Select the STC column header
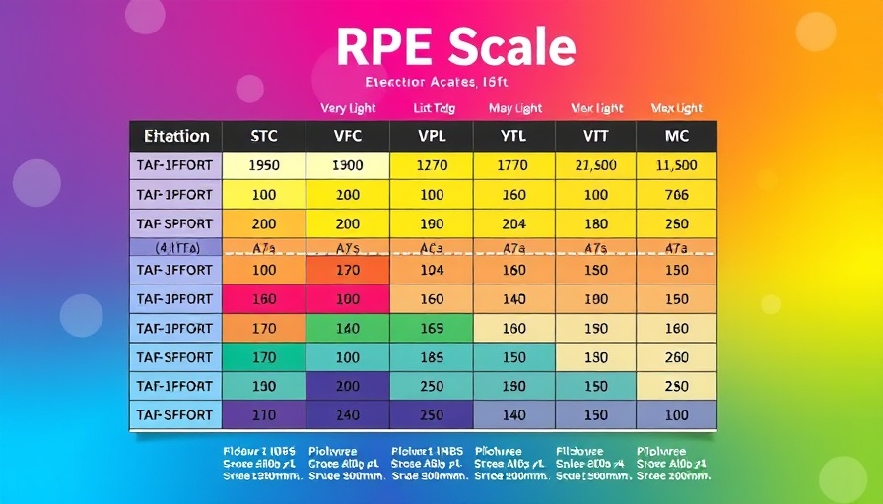point(264,136)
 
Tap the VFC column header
point(348,136)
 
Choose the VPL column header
point(432,136)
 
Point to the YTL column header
point(513,136)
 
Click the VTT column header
point(595,136)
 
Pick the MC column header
point(677,136)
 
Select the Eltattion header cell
point(176,136)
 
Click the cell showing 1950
point(264,166)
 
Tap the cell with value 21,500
point(595,166)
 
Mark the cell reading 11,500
point(677,166)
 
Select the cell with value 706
point(677,195)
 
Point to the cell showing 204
point(513,223)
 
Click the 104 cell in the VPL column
point(432,270)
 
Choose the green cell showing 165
point(432,329)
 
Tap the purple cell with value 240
point(348,415)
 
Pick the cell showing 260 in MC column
point(677,358)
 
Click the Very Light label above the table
point(348,108)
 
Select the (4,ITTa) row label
point(176,247)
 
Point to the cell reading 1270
point(432,166)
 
